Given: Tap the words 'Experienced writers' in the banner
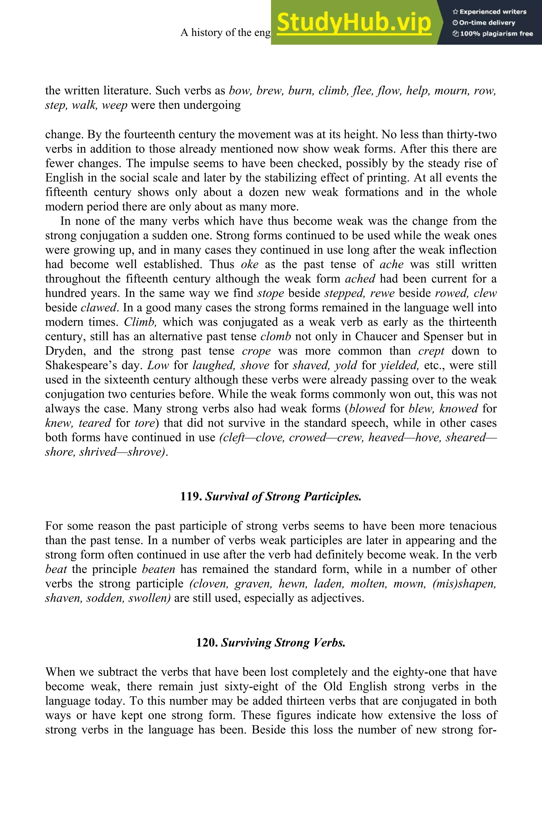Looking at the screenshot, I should (493, 12).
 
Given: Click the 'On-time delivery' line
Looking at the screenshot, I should (487, 23).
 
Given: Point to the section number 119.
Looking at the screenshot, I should (191, 497).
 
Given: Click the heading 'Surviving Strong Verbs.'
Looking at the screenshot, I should (283, 643).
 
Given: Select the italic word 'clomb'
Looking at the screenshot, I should (275, 336).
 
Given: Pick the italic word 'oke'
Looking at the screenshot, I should (250, 264).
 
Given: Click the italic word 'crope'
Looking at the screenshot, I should (256, 351).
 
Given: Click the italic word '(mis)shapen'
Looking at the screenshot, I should (464, 584).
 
